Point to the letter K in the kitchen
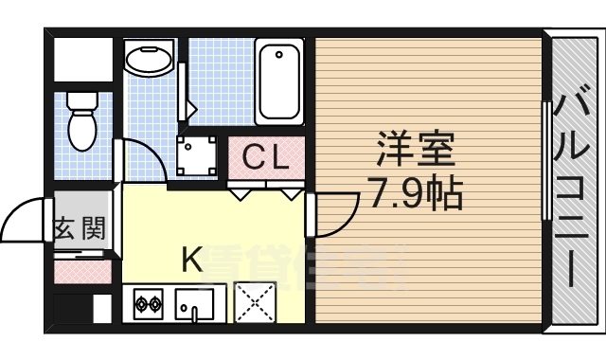tap(192, 258)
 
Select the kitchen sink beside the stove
tap(195, 305)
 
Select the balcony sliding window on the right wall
tap(545, 161)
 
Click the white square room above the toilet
tap(82, 60)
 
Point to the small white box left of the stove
tap(101, 309)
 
